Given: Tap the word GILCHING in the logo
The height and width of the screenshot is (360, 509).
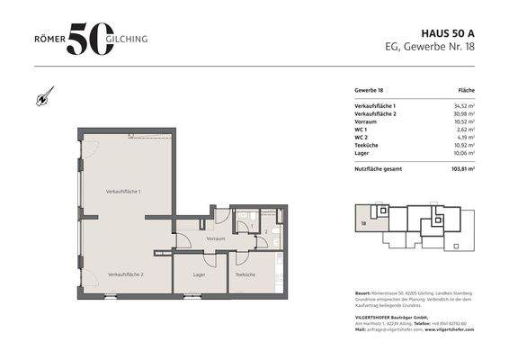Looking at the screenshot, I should pyautogui.click(x=131, y=39).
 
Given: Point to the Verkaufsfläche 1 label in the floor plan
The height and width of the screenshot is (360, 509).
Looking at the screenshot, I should pyautogui.click(x=124, y=192).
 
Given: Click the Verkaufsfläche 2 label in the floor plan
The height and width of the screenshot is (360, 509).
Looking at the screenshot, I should pyautogui.click(x=126, y=274).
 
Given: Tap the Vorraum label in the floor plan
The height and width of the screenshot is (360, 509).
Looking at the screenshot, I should pyautogui.click(x=215, y=238).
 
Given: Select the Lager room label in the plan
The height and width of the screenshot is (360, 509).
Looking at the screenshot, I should pyautogui.click(x=199, y=274).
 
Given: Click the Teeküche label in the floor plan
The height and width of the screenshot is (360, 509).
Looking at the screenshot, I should pyautogui.click(x=245, y=274).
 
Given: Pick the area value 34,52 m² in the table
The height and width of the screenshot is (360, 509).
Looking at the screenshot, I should pyautogui.click(x=463, y=107).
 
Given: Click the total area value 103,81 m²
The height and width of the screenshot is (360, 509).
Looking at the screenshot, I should pyautogui.click(x=462, y=168).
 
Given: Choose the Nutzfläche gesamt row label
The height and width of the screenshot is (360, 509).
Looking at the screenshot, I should pyautogui.click(x=378, y=168).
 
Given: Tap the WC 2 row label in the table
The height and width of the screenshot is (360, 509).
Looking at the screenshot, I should pyautogui.click(x=362, y=138).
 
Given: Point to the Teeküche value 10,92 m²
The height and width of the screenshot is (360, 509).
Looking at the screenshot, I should pyautogui.click(x=463, y=145).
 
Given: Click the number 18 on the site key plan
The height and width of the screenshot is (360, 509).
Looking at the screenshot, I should pyautogui.click(x=364, y=220).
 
